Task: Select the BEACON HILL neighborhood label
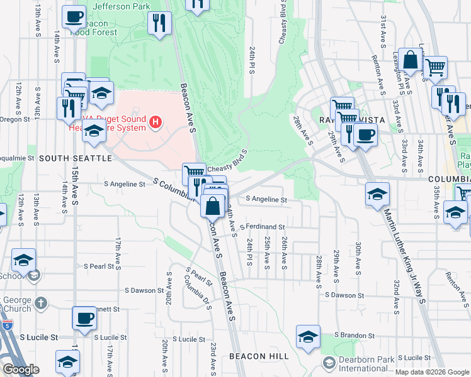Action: pyautogui.click(x=259, y=356)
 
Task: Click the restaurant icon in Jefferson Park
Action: pyautogui.click(x=159, y=24)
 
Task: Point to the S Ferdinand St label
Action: pyautogui.click(x=262, y=227)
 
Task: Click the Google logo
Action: pyautogui.click(x=21, y=369)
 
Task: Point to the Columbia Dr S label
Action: pyautogui.click(x=200, y=299)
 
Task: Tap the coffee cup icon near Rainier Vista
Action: pyautogui.click(x=365, y=134)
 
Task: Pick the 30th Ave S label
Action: pyautogui.click(x=358, y=258)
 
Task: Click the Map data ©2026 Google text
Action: pyautogui.click(x=432, y=372)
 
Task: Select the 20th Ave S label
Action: pyautogui.click(x=164, y=355)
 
